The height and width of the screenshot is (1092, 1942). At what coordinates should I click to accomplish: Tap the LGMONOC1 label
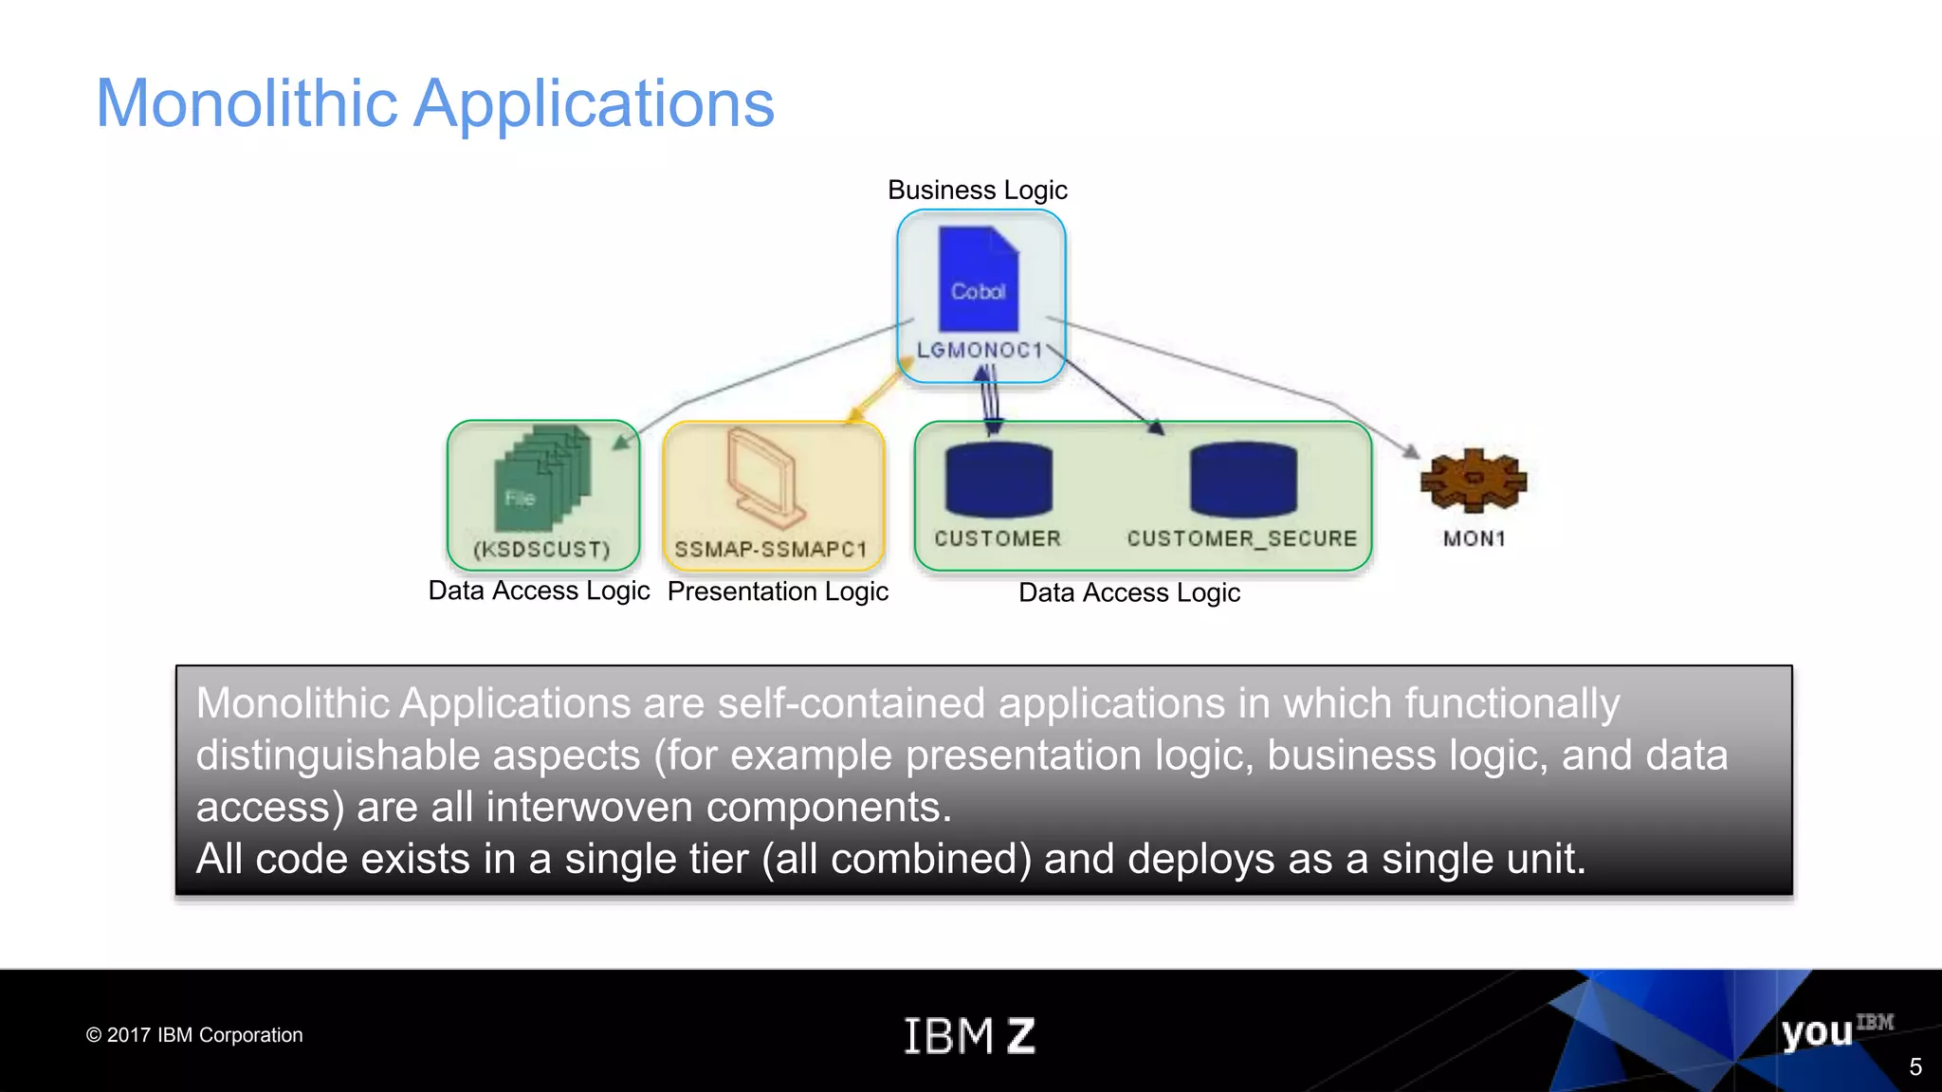point(980,350)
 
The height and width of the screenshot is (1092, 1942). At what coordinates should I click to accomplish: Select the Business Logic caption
point(977,190)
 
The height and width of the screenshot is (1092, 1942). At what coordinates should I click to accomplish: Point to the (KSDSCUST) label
point(541,550)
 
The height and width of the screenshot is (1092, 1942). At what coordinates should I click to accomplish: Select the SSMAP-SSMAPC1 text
point(770,550)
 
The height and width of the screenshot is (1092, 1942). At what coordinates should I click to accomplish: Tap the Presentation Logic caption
point(778,591)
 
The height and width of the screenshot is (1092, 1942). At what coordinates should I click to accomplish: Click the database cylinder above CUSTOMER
point(998,480)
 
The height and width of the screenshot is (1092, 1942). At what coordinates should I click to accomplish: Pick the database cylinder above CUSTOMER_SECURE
point(1242,480)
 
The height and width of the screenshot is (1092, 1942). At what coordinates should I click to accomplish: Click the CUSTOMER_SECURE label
point(1241,538)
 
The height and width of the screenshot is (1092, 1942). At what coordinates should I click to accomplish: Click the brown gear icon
point(1473,481)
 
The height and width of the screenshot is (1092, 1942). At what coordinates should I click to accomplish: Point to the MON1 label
point(1474,538)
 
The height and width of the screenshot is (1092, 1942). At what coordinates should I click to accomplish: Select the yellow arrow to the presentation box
point(878,390)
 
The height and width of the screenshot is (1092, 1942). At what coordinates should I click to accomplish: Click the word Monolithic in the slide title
point(247,103)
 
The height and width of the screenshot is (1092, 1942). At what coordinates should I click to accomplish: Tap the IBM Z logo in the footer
point(968,1035)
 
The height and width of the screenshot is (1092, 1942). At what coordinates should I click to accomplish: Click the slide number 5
point(1915,1067)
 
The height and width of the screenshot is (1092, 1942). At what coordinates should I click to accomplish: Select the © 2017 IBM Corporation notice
point(194,1035)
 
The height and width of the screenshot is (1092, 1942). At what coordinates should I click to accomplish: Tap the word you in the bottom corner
point(1816,1032)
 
